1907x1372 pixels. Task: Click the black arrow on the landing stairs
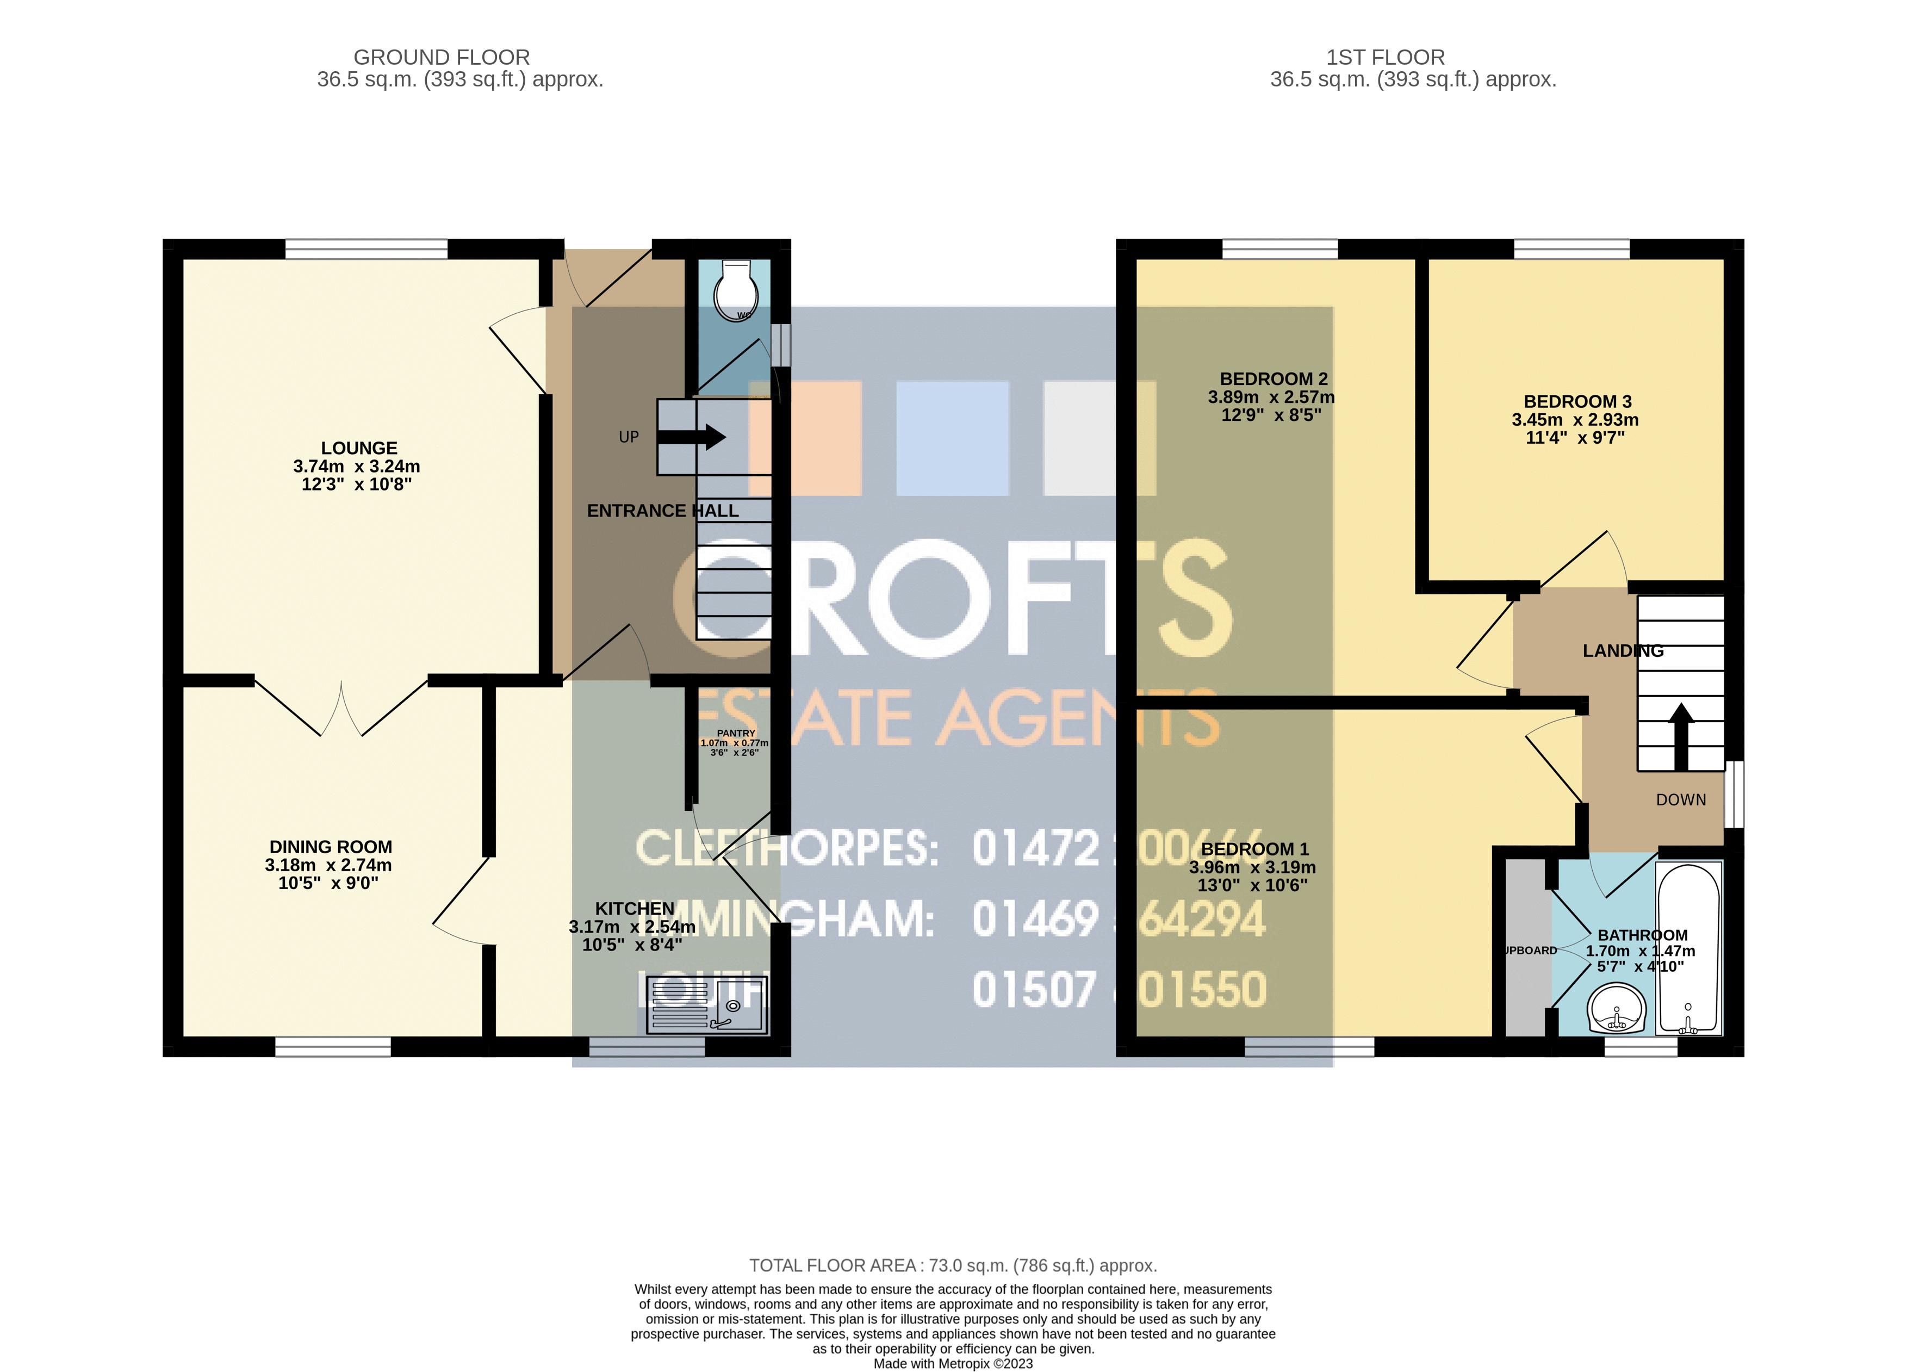click(x=1680, y=736)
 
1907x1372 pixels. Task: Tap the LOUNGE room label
click(x=359, y=448)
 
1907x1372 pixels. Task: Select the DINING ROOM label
click(x=331, y=847)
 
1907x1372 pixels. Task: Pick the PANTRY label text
click(x=736, y=733)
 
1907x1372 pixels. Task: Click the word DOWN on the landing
click(x=1681, y=799)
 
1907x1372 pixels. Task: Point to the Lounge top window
click(x=366, y=249)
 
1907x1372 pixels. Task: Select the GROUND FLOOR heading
click(x=442, y=57)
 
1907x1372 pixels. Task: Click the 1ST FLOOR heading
click(x=1385, y=57)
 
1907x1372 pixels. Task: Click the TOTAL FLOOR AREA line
click(x=953, y=1265)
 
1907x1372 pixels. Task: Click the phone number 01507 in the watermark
click(x=1034, y=990)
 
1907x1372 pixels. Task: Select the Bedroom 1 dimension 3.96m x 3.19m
click(x=1252, y=867)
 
